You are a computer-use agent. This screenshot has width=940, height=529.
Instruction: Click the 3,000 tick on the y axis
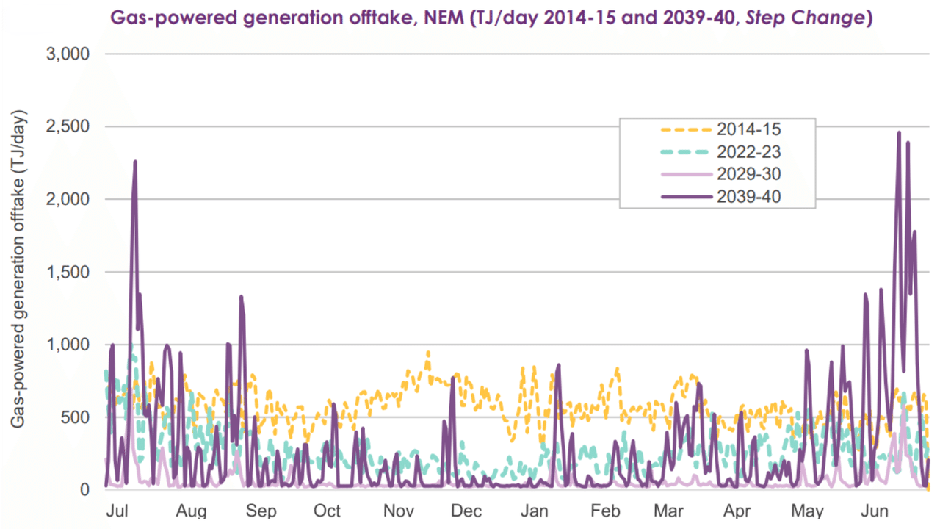(x=68, y=54)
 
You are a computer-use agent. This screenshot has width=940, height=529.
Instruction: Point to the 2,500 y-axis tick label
(x=68, y=127)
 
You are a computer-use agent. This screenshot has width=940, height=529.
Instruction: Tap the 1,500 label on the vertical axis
(x=68, y=273)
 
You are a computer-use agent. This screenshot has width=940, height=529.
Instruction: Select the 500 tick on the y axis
(x=76, y=417)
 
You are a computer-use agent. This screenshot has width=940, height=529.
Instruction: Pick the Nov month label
(x=399, y=511)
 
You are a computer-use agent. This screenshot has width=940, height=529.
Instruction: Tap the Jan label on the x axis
(x=535, y=511)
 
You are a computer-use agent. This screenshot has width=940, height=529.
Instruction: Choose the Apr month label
(x=737, y=511)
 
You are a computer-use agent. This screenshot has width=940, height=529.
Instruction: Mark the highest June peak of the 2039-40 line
(x=899, y=133)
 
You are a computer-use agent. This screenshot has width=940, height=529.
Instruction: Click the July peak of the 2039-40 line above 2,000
(x=135, y=162)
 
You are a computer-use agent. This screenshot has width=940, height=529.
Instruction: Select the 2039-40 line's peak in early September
(x=241, y=297)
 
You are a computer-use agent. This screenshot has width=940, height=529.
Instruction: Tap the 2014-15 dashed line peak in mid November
(x=427, y=352)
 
